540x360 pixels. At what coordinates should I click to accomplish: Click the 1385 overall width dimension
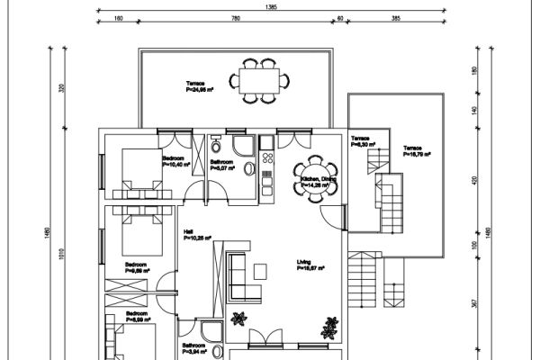coord(271,6)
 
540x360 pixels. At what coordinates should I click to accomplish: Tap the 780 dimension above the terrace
coord(236,18)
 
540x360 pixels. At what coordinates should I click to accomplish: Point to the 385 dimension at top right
coord(394,18)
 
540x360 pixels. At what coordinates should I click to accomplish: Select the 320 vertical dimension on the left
coord(61,89)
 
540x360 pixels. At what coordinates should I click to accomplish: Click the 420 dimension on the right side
coord(474,179)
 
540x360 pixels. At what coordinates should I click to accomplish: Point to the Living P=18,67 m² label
coord(310,265)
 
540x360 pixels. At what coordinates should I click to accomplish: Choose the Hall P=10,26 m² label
coord(197,236)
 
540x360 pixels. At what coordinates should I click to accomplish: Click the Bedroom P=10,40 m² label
coord(176,162)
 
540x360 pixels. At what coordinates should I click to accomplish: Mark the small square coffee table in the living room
coord(260,270)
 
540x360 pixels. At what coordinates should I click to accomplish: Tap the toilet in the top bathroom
coord(217,147)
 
